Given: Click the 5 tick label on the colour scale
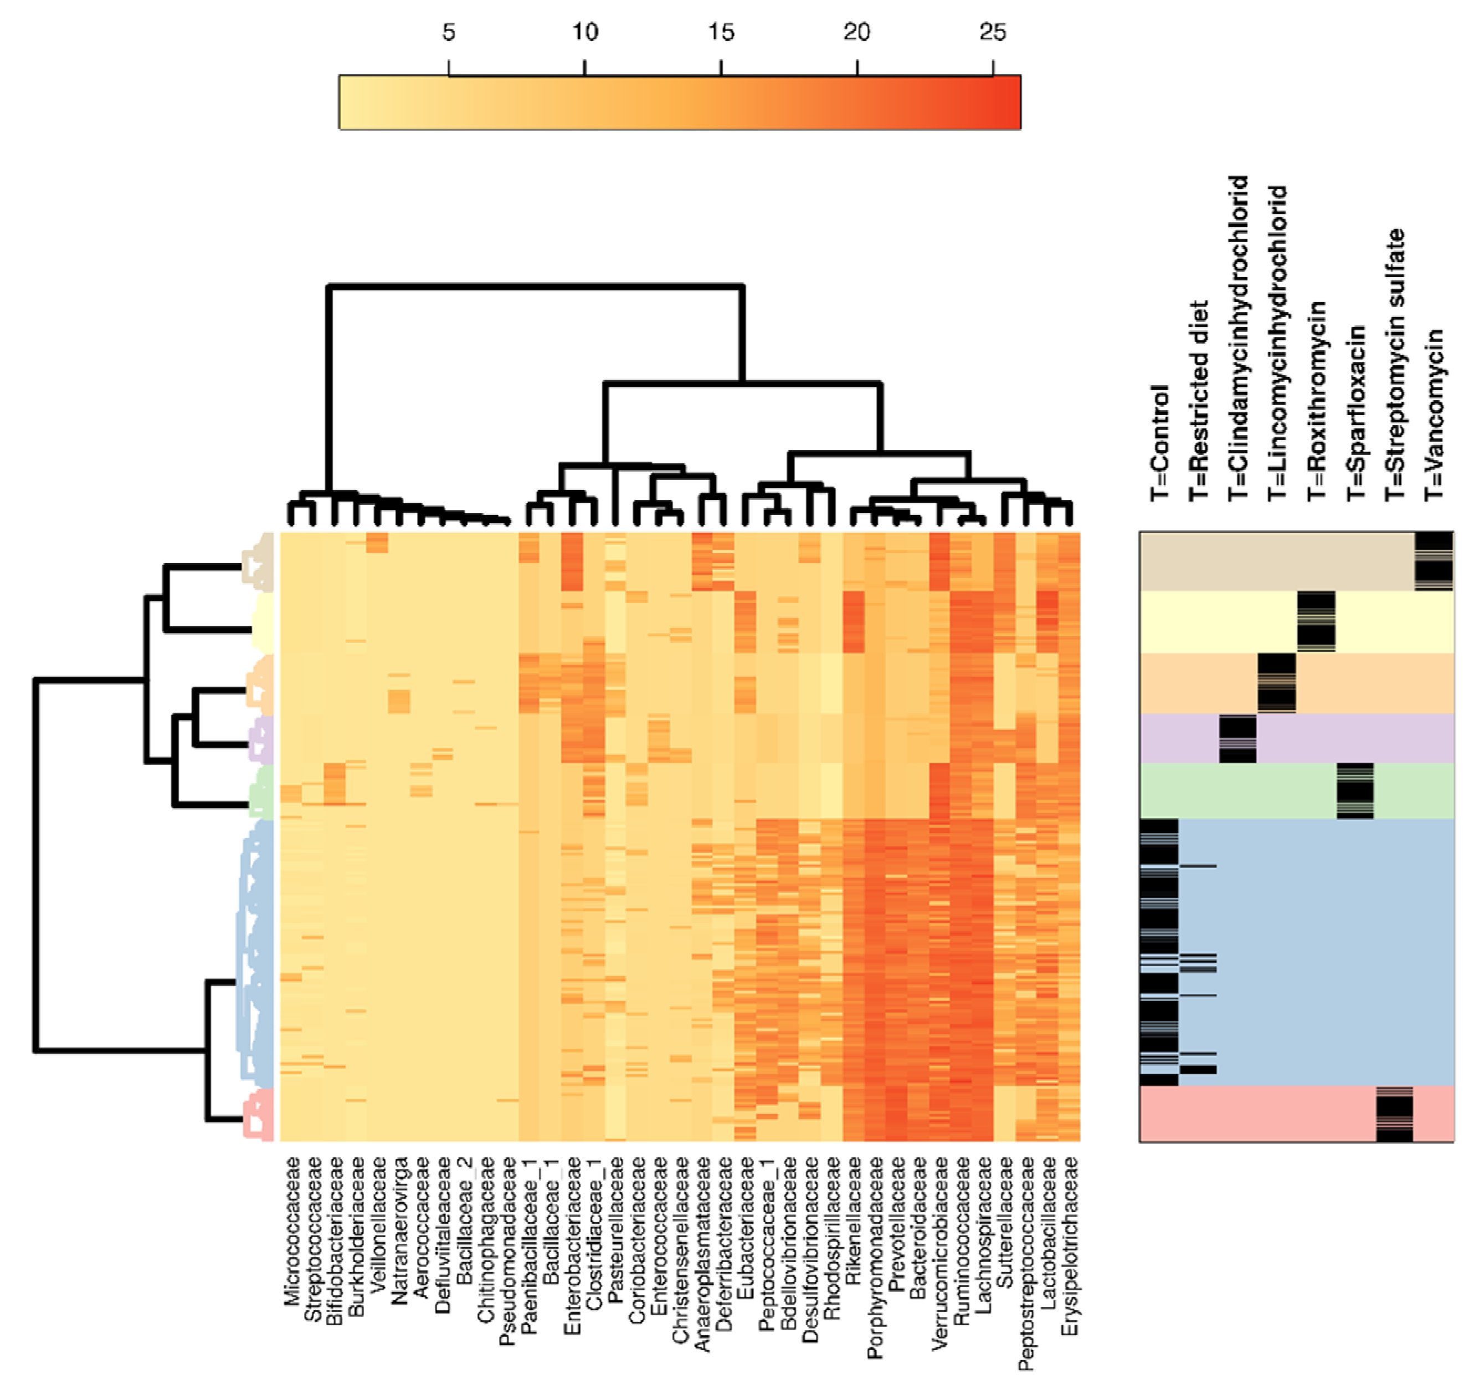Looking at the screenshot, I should coord(448,33).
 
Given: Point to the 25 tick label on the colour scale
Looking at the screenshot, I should coord(993,33).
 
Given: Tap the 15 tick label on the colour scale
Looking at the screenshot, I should coord(720,33).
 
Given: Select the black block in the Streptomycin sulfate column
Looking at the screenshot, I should coord(1394,1114).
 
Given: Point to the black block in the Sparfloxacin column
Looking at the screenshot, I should coord(1355,790).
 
